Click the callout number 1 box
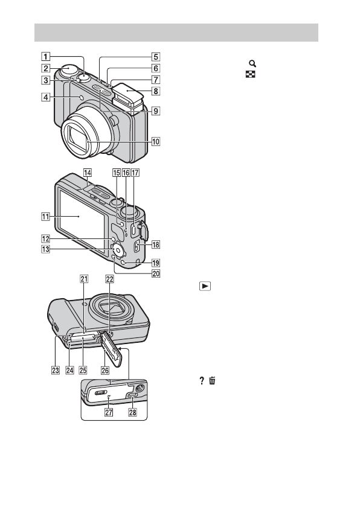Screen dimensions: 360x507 click(x=45, y=57)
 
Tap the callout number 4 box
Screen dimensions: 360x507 click(x=45, y=97)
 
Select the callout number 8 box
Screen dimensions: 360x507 click(x=156, y=91)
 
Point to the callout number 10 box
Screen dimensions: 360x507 click(x=156, y=142)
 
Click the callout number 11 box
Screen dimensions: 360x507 click(x=45, y=217)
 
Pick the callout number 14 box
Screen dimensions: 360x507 click(x=88, y=173)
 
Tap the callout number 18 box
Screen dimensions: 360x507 click(x=156, y=244)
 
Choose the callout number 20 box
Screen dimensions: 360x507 click(x=156, y=273)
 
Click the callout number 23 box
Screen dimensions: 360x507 click(x=56, y=370)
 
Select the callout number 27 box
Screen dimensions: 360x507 click(x=109, y=412)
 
